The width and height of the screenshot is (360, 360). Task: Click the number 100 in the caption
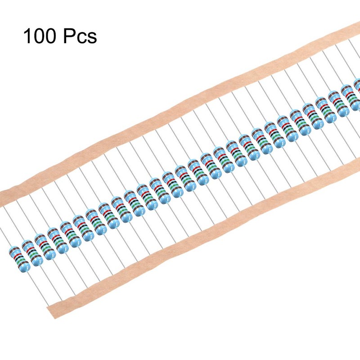(x=40, y=36)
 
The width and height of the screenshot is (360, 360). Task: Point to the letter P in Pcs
(x=69, y=36)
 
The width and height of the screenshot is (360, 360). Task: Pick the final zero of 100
(x=51, y=36)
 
